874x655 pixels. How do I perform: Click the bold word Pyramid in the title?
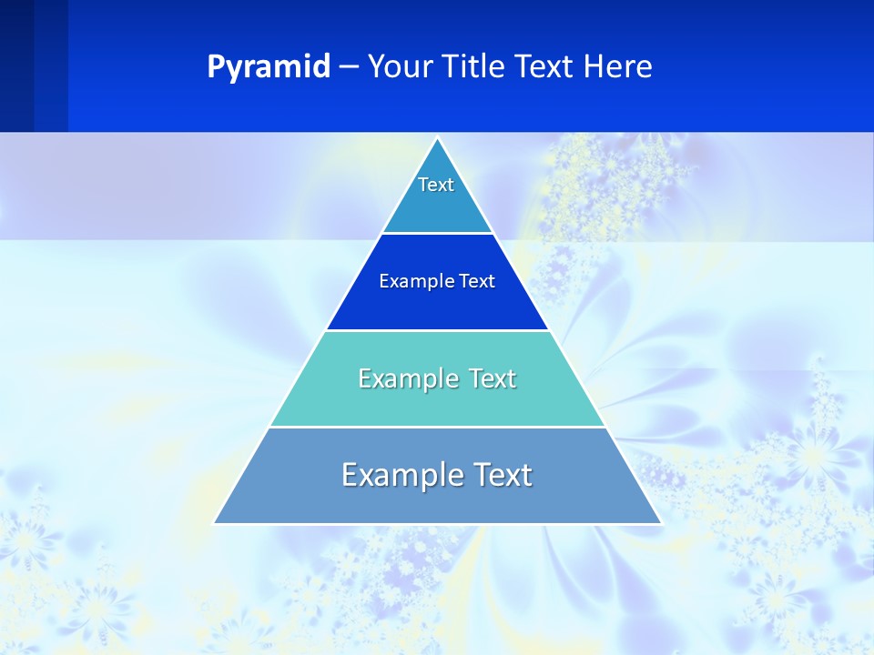[269, 67]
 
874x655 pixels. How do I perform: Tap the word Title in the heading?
[479, 67]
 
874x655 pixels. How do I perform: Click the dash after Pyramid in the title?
[349, 67]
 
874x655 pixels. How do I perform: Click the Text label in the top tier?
[436, 185]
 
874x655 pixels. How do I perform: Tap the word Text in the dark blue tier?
[477, 282]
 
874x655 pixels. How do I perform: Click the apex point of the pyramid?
[438, 138]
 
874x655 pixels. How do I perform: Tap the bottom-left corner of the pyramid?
[215, 523]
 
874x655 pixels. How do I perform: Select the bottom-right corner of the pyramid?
[661, 523]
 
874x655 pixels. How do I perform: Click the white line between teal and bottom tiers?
[437, 427]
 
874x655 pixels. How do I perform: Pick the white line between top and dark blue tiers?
[437, 234]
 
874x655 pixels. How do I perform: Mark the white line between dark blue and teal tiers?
[437, 330]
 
